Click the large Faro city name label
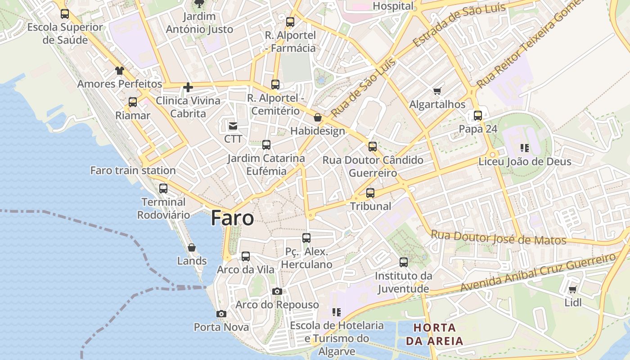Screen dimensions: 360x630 click(232, 218)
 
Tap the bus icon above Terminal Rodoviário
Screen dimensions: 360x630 click(163, 189)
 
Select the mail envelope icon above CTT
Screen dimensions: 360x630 click(233, 126)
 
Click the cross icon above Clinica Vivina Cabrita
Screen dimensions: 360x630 click(188, 87)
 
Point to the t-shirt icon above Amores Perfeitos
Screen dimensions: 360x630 click(119, 71)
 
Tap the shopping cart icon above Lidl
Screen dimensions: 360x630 click(572, 290)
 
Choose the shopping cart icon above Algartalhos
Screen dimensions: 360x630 click(437, 91)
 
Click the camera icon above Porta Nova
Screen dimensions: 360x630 click(221, 314)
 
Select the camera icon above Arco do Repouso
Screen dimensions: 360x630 click(277, 292)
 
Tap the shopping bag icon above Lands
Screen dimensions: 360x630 click(192, 247)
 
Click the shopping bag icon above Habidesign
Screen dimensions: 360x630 click(318, 118)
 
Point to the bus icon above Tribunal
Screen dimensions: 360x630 click(370, 193)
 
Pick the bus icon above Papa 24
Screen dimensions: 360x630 click(478, 116)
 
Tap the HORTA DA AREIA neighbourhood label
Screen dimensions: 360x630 click(435, 334)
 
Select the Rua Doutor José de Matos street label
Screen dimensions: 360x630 click(498, 237)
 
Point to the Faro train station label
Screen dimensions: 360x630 click(133, 171)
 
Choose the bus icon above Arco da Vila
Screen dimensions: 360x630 click(246, 256)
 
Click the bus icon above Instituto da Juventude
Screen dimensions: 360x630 click(404, 262)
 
